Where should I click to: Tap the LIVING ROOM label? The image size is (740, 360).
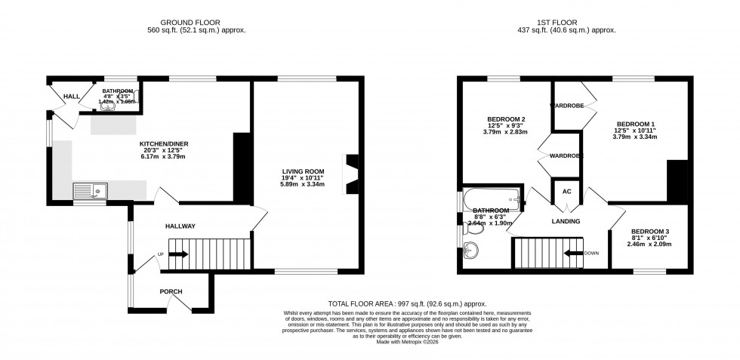[x=298, y=172]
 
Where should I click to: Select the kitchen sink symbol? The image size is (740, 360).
[x=90, y=192]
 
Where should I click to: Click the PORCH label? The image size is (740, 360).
[x=171, y=291]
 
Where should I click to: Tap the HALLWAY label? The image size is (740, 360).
[x=180, y=226]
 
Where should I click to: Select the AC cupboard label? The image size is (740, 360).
[x=566, y=192]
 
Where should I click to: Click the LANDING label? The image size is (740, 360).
[x=566, y=221]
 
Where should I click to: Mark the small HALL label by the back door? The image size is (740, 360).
[x=72, y=97]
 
